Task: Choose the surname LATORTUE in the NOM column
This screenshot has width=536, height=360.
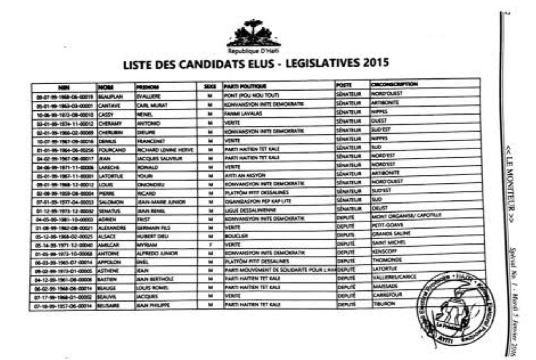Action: (x=111, y=176)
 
